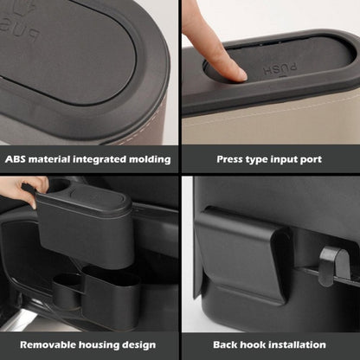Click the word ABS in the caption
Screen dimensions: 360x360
click(17, 159)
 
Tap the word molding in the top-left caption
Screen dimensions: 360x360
click(149, 159)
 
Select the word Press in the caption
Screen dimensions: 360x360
click(229, 159)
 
